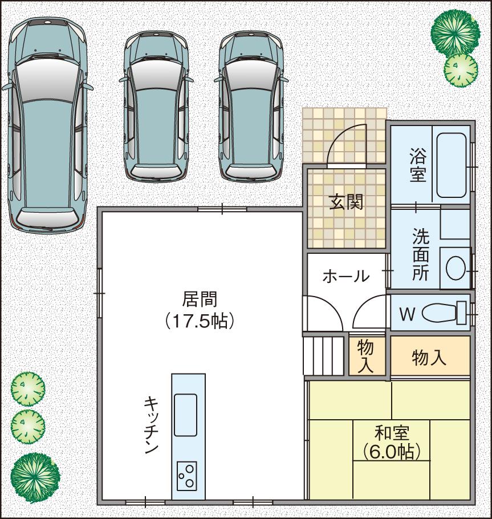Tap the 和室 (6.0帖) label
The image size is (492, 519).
[x=392, y=441]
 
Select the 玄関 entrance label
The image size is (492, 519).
[x=346, y=201]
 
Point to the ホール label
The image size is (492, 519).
[x=345, y=277]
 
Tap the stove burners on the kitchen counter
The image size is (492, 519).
[x=186, y=475]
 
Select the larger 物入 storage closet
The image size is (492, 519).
[x=429, y=358]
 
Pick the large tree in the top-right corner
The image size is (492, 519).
[x=455, y=31]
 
